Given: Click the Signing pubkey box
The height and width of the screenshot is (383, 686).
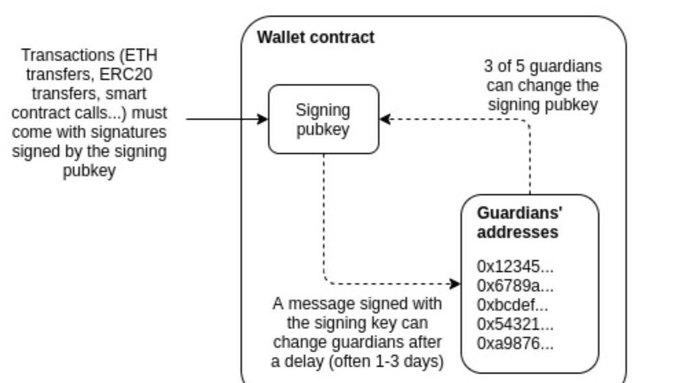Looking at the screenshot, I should [x=323, y=119].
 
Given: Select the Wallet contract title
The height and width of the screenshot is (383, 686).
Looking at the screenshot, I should [x=316, y=37].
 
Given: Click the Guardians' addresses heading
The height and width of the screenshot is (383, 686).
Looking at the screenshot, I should [x=517, y=222].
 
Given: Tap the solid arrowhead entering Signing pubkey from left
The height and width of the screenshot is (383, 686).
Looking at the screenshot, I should [x=263, y=119].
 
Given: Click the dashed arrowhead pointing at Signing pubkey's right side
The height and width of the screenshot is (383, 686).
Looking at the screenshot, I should [x=385, y=119].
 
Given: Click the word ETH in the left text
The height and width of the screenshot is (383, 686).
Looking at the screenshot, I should [x=150, y=55].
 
